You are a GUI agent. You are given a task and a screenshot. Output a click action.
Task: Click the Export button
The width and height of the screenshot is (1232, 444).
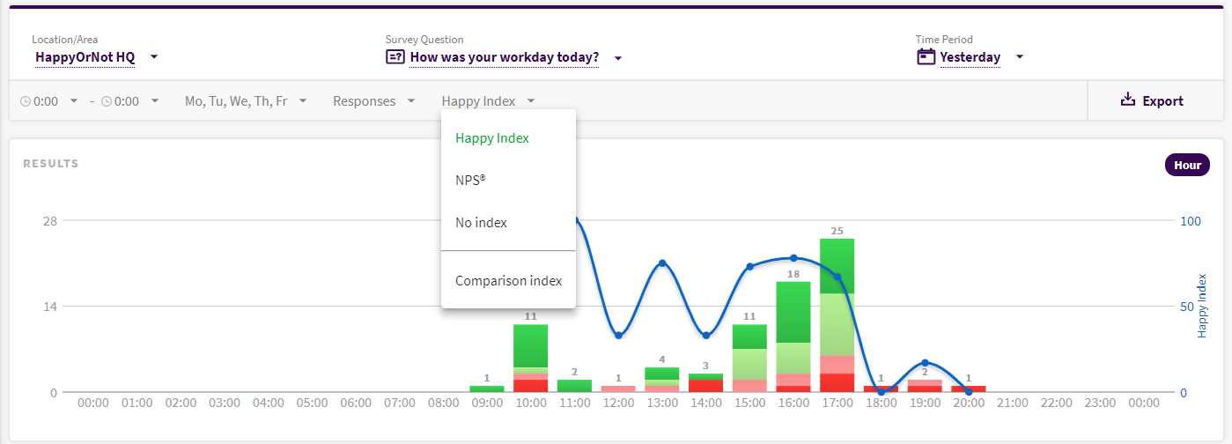point(1152,101)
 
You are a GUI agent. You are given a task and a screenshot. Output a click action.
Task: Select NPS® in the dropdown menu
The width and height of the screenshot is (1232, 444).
point(470,181)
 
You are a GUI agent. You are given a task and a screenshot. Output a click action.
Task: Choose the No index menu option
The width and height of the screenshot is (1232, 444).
point(481,223)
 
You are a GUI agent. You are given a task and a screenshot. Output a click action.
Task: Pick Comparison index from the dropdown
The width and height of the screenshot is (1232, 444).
point(508,281)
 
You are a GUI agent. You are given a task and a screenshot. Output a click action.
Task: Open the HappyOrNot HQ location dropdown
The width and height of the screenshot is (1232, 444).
point(96,57)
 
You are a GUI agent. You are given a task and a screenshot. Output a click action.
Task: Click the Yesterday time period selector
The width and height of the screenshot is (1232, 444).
point(970,57)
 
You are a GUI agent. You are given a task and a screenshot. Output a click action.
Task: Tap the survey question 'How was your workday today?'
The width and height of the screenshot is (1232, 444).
point(505,58)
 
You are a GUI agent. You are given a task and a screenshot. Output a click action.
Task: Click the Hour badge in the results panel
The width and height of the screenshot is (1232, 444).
point(1187,166)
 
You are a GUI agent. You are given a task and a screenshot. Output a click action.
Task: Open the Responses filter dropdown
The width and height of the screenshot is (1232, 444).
point(373,101)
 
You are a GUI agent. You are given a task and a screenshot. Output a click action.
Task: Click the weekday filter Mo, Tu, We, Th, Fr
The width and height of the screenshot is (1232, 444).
point(246,101)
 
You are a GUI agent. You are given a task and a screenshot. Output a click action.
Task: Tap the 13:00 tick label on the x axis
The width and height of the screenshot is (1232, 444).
point(662,403)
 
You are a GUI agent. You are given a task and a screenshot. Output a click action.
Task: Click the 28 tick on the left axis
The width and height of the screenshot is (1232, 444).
point(50,221)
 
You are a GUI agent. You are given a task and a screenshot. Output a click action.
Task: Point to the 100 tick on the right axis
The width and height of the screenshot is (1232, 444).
point(1190,221)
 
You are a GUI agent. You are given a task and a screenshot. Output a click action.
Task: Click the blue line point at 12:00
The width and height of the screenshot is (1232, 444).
point(619,335)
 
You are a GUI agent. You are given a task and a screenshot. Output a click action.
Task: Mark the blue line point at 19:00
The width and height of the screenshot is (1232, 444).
point(925,363)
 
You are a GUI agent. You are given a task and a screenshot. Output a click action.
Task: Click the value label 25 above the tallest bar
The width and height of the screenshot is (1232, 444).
point(837,231)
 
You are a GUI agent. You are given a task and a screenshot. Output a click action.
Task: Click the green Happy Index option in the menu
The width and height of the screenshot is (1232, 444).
point(491,138)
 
